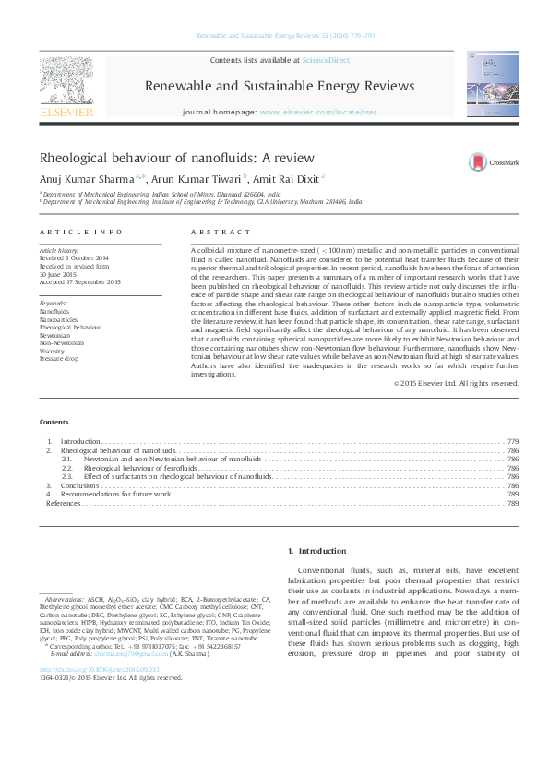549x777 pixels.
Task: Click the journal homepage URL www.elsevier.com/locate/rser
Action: (307, 111)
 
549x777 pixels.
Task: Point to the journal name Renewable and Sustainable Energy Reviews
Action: (280, 86)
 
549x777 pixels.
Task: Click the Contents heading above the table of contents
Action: (54, 422)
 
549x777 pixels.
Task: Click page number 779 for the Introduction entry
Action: (513, 443)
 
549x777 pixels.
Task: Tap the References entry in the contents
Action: (64, 503)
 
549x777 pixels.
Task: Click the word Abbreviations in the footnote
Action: (64, 600)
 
